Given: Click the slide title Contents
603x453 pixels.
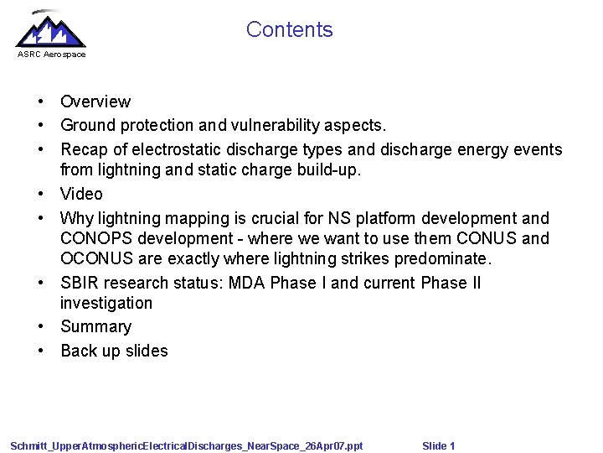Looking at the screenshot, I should click(289, 30).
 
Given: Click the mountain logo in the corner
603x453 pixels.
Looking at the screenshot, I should click(50, 30).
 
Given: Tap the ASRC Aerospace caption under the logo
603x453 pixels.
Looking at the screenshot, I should click(51, 55).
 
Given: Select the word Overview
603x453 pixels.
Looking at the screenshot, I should click(95, 102).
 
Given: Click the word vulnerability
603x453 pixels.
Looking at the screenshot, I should click(271, 125).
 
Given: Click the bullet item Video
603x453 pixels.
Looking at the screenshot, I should click(81, 194).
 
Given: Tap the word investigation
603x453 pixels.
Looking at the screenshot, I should click(106, 303).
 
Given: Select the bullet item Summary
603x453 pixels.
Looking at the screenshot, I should click(95, 326).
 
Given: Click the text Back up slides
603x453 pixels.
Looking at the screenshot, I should click(114, 351).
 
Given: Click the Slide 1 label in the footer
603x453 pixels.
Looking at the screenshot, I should click(439, 445).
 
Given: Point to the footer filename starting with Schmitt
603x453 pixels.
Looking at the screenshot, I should click(186, 445).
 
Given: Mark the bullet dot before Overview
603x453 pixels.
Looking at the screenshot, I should click(40, 102).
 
